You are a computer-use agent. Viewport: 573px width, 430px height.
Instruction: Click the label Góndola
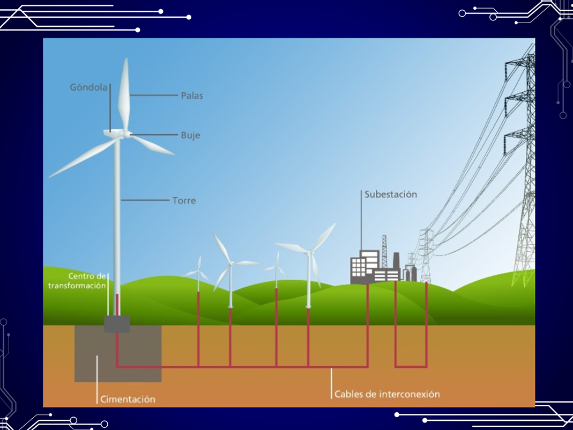[88, 87]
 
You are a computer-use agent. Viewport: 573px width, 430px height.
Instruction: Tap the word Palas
[192, 96]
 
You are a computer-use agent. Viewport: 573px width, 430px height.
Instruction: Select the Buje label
[190, 135]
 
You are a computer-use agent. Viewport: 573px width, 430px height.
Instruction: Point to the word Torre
[184, 201]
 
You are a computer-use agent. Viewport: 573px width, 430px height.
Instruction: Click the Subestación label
[390, 194]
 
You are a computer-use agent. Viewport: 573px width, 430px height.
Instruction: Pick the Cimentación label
[128, 399]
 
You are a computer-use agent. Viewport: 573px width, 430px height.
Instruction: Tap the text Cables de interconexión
[387, 394]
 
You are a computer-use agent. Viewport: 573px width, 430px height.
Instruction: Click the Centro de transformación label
[77, 281]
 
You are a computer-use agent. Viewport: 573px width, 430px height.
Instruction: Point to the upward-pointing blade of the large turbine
[125, 94]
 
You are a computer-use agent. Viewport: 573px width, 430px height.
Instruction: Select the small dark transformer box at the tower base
[117, 324]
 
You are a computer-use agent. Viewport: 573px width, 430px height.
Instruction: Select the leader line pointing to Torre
[145, 200]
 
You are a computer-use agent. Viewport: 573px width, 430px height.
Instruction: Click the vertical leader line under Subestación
[361, 225]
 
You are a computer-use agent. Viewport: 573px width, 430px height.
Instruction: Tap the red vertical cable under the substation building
[368, 322]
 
